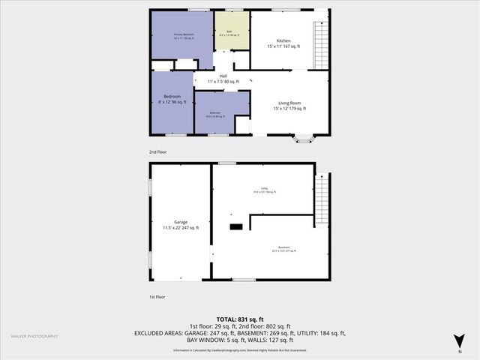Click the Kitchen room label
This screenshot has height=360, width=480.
[x=283, y=43]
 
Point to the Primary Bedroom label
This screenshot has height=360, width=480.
[x=184, y=36]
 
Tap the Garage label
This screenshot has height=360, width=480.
[x=181, y=225]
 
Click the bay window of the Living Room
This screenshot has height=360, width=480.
[x=304, y=138]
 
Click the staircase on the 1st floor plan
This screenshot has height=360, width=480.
[x=321, y=199]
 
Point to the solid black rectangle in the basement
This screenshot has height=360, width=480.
[x=236, y=226]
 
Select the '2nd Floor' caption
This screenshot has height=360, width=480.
[x=157, y=151]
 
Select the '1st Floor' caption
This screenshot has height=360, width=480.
[x=157, y=296]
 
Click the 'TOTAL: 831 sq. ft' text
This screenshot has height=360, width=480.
[x=239, y=319]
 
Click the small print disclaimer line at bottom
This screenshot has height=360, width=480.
[x=239, y=350]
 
